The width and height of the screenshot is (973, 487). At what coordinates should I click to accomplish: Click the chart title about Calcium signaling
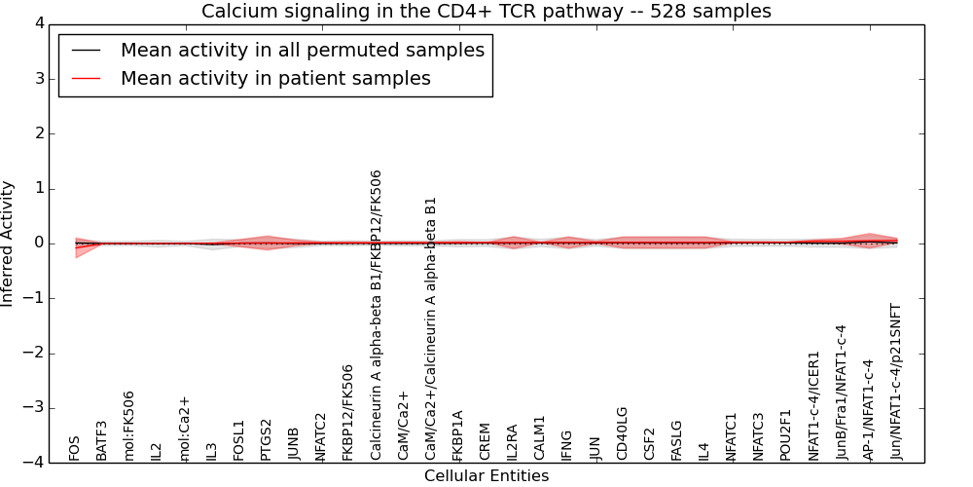pyautogui.click(x=486, y=11)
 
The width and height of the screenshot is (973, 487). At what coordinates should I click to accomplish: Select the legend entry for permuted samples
pyautogui.click(x=302, y=51)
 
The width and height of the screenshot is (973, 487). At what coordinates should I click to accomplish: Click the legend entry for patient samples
pyautogui.click(x=275, y=79)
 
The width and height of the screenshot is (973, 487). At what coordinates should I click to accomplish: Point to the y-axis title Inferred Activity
pyautogui.click(x=9, y=243)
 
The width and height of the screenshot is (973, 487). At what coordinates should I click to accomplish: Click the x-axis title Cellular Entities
pyautogui.click(x=486, y=475)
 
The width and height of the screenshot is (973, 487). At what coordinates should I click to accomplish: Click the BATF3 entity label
pyautogui.click(x=102, y=440)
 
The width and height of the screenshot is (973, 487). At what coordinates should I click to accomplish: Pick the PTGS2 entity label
pyautogui.click(x=266, y=439)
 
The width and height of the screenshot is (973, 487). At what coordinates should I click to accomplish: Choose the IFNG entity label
pyautogui.click(x=567, y=444)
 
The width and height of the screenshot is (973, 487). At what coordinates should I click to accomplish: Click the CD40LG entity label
pyautogui.click(x=622, y=433)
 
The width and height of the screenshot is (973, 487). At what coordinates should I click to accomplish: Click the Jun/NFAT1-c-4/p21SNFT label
pyautogui.click(x=896, y=381)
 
